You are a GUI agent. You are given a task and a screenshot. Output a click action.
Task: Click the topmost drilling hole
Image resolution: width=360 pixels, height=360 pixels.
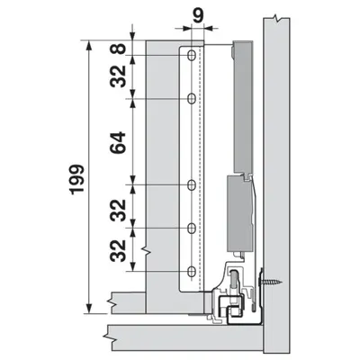191,56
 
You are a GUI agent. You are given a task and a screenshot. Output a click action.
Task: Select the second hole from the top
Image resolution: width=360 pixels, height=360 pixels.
191,97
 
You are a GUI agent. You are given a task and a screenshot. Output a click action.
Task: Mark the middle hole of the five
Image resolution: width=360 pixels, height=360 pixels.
191,185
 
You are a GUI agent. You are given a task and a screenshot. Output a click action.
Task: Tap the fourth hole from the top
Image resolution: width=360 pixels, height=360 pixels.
191,228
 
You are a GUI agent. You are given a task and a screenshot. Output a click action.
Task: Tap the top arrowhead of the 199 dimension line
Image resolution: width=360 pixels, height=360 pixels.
88,43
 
